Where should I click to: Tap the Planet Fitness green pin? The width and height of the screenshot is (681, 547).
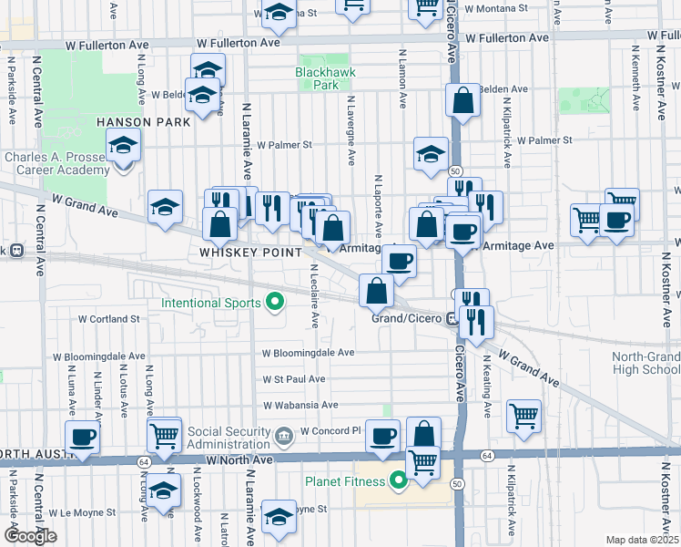[398, 480]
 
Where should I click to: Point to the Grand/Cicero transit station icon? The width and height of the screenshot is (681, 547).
[452, 318]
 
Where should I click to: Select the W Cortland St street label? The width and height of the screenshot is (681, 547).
[109, 319]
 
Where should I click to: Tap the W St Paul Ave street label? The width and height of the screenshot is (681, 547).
[294, 378]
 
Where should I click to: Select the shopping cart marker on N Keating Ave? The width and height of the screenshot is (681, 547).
[524, 415]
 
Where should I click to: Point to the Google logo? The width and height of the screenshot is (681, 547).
[30, 536]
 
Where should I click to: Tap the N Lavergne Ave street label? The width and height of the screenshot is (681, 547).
[351, 132]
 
